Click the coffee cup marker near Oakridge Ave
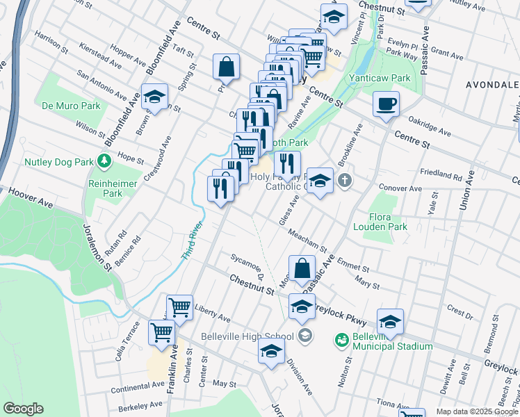386,105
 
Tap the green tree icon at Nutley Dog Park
104,162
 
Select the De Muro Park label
71,106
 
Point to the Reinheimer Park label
106,188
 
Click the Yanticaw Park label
380,79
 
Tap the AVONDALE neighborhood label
491,85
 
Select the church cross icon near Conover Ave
344,181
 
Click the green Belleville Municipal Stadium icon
341,339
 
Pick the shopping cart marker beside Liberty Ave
179,306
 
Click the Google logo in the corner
23,409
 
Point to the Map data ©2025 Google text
476,411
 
